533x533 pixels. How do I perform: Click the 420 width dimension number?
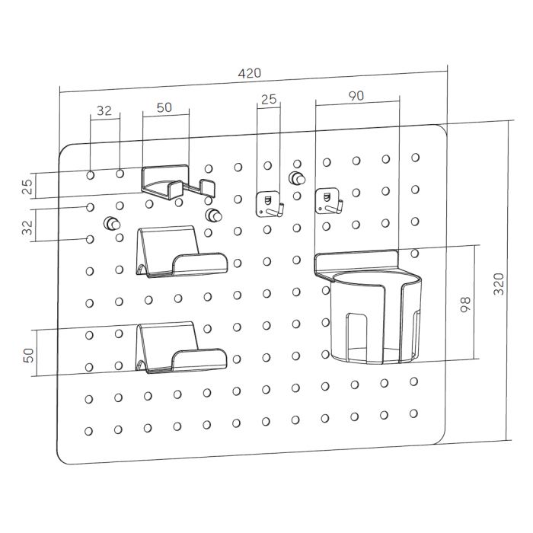[x=249, y=73]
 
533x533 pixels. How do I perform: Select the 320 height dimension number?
[x=499, y=283]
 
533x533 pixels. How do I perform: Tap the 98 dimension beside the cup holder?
[x=465, y=305]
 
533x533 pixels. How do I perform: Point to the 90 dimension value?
[x=356, y=96]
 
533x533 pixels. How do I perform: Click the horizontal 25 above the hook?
[x=269, y=99]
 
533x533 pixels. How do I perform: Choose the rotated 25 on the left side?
[x=27, y=187]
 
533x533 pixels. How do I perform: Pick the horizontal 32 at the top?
[x=104, y=110]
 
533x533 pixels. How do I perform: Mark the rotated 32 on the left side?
[x=27, y=227]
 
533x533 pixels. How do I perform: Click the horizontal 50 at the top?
[x=164, y=107]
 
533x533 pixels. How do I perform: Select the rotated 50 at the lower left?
[x=29, y=356]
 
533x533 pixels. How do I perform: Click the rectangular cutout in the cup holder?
[x=356, y=337]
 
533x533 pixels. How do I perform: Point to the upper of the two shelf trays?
[x=181, y=251]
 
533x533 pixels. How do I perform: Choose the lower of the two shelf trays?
[x=181, y=347]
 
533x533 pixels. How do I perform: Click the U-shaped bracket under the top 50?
[x=177, y=184]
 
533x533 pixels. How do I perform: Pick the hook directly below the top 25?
[x=270, y=204]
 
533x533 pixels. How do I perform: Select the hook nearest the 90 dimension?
[x=329, y=202]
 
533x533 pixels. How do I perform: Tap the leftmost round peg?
[x=112, y=224]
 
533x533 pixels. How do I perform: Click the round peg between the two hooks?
[x=297, y=178]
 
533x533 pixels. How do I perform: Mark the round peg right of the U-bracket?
[x=213, y=215]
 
